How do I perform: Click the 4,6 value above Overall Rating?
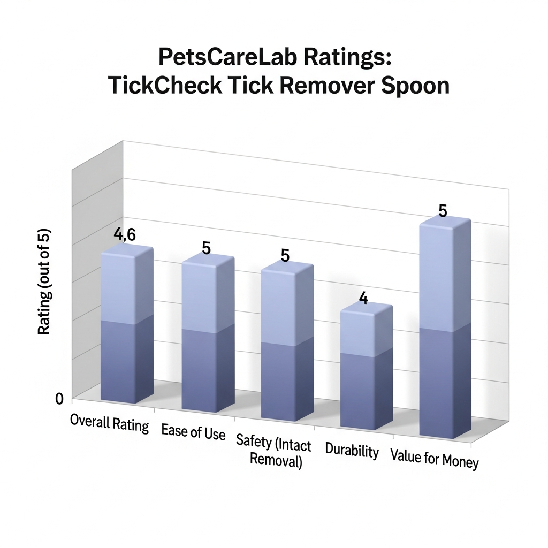124,234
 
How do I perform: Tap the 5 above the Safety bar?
285,255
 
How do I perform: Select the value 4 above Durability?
363,298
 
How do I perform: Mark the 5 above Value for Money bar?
443,211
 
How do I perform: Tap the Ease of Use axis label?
193,431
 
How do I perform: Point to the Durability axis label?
352,451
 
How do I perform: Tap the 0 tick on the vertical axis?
59,398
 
